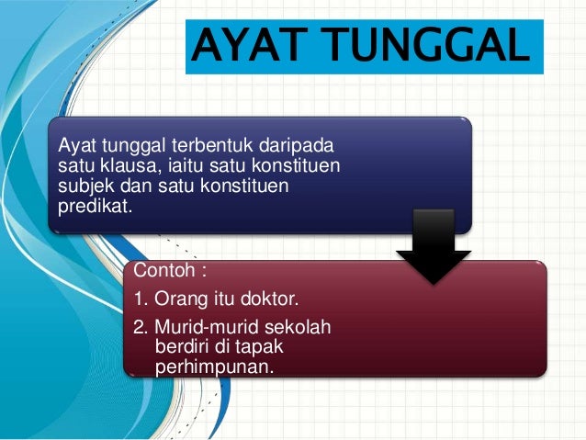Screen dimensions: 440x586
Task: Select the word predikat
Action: (94, 208)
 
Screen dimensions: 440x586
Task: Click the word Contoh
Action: (165, 270)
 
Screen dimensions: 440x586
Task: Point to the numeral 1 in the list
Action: (140, 299)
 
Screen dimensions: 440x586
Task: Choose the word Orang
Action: (180, 299)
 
